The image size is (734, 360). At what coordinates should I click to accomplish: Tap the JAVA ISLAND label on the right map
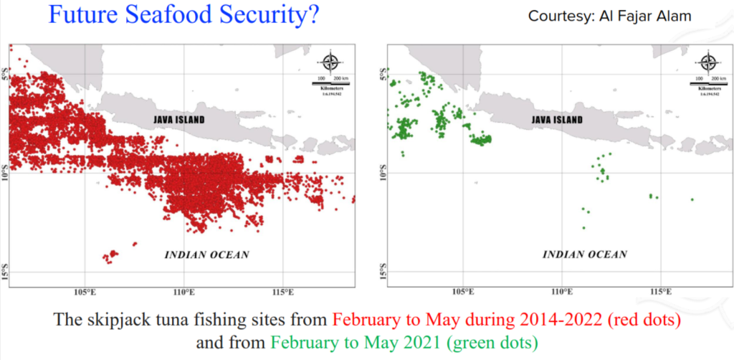coord(556,120)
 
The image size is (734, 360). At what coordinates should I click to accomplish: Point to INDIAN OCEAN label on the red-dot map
coord(207,255)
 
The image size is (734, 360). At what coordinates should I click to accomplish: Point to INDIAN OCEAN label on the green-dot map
coord(585,255)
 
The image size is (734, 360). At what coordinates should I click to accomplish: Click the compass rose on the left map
coord(330,62)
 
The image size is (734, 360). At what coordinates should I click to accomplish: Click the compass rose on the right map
coord(708,62)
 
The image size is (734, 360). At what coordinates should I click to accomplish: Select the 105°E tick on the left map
coord(85,293)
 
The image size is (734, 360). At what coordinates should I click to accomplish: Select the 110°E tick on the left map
coord(184,293)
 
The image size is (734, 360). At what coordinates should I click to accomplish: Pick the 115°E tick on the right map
coord(660,293)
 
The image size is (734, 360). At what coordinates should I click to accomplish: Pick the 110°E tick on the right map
coord(562,293)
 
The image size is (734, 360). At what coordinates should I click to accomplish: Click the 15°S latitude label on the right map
coord(382,273)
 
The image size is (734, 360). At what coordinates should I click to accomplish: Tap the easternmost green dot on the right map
coord(692,199)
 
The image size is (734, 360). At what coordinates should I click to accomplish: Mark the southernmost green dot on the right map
coord(584,228)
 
